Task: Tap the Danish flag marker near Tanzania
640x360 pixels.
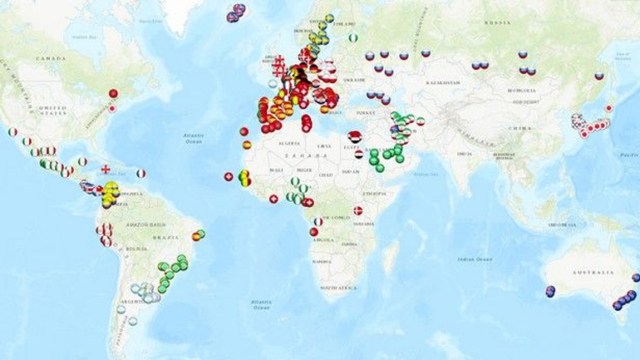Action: click(x=358, y=210)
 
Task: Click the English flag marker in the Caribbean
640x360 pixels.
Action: click(x=106, y=170)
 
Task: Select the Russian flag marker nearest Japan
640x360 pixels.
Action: click(x=598, y=76)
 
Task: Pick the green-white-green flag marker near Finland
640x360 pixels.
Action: click(x=353, y=37)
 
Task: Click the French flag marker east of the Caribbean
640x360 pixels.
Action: click(x=141, y=174)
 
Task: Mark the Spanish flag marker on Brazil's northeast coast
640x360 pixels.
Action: click(x=196, y=236)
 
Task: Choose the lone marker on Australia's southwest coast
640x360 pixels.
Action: click(x=550, y=291)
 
